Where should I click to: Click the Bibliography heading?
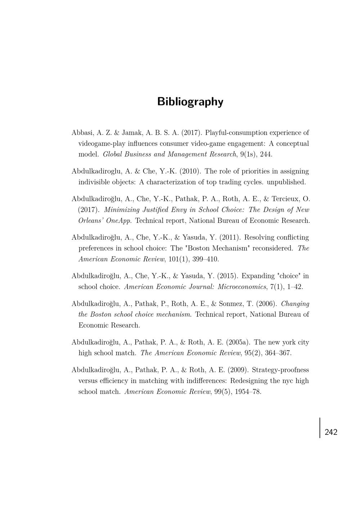(190, 102)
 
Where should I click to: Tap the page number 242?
(331, 432)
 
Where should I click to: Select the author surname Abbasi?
(82, 133)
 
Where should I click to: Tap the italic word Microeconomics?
(242, 287)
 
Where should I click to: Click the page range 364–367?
(278, 353)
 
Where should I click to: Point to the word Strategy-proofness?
(280, 370)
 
